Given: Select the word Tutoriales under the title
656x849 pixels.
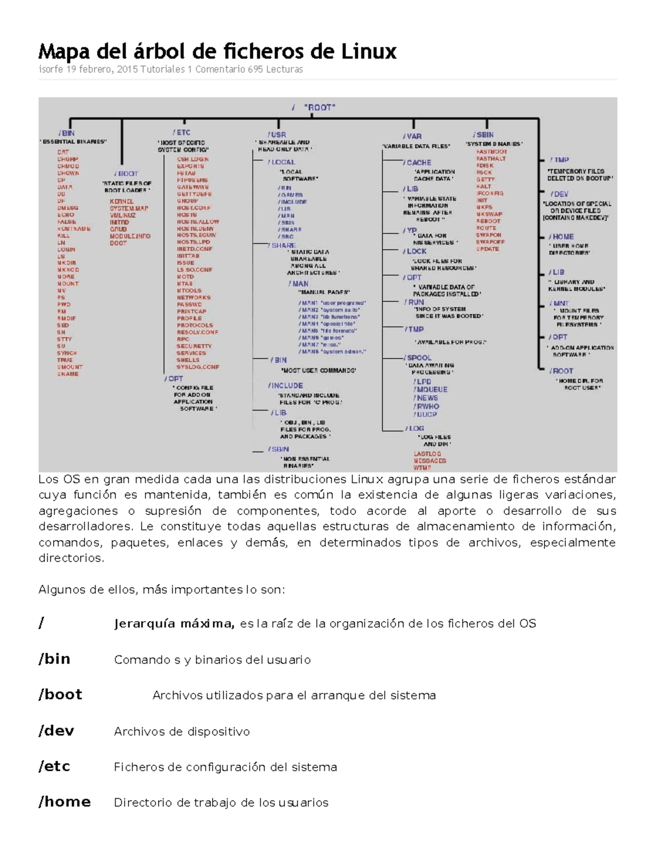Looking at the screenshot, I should pos(163,69).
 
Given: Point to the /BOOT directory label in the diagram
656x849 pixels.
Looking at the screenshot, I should pos(126,173).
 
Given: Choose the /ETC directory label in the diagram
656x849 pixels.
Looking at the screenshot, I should pos(181,132).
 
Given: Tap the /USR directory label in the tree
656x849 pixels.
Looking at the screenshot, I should pos(277,134).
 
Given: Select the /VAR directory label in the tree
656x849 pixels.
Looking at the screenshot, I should pos(412,136).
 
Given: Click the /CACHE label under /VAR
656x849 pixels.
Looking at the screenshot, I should pos(418,162).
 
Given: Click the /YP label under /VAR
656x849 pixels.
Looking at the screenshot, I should pos(410,231).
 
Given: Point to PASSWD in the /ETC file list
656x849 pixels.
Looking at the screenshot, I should pos(189,305).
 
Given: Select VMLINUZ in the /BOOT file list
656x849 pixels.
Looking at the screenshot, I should pos(122,215).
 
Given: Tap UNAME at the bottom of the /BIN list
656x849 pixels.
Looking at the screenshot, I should pos(68,374).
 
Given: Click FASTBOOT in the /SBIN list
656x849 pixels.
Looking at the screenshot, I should pos(491,151).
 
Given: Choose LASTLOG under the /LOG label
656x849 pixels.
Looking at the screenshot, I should pos(427,454).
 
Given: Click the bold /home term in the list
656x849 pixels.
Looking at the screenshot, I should pos(65,801).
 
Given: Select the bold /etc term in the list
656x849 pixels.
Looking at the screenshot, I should pos(54,766).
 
